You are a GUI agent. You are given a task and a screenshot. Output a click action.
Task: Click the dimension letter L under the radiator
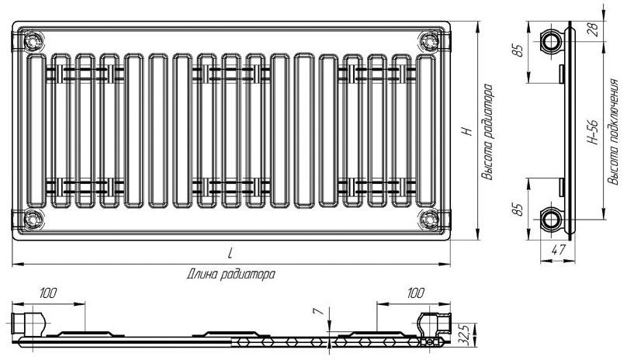(230, 254)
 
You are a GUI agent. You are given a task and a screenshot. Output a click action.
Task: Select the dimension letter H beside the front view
(466, 131)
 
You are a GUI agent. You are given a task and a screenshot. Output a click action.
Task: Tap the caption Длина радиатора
(230, 275)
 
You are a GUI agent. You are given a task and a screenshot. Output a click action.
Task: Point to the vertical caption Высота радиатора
(488, 132)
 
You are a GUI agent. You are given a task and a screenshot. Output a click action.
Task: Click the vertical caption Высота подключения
(613, 132)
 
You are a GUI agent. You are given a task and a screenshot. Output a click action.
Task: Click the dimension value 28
(594, 30)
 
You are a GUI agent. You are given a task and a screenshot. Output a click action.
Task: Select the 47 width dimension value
(558, 250)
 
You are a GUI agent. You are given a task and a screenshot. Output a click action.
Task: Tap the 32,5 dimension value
(464, 333)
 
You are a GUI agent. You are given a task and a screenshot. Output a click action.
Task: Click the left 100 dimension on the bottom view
(48, 293)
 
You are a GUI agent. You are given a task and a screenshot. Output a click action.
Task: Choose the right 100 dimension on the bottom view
(415, 293)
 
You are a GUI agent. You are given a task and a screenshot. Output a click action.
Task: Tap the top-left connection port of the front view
(33, 41)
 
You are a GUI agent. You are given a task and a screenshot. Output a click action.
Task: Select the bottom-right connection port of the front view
(429, 220)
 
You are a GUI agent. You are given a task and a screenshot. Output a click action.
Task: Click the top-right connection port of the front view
(429, 41)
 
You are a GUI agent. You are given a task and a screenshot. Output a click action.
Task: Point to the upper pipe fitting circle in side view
(552, 41)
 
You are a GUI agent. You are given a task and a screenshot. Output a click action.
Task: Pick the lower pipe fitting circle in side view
(552, 220)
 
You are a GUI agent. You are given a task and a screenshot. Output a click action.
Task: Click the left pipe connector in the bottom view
(28, 324)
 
